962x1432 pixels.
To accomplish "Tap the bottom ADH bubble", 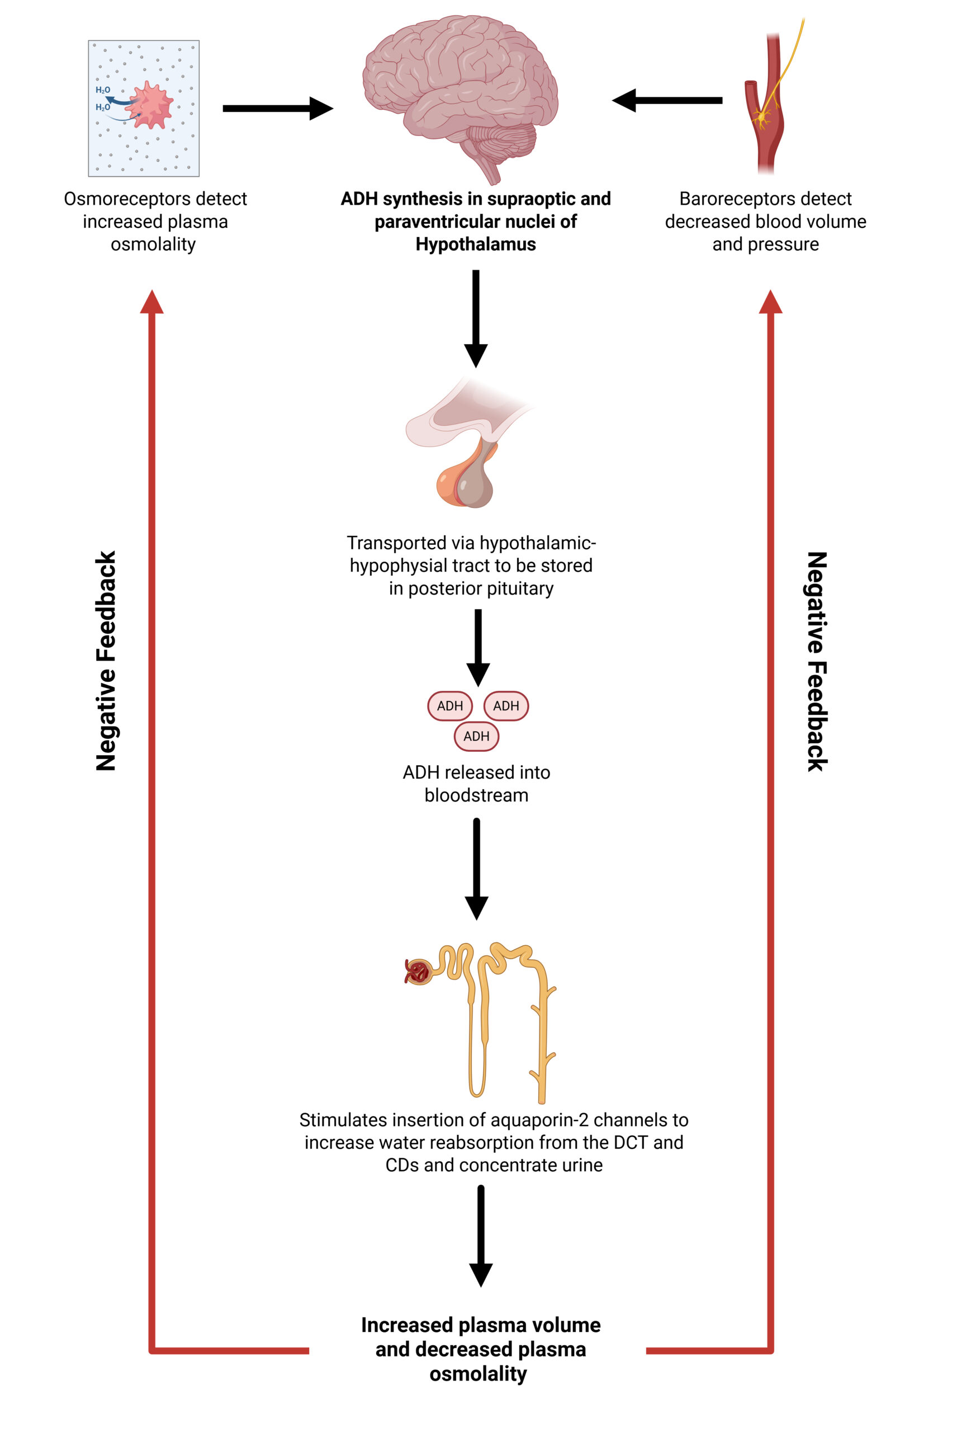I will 476,736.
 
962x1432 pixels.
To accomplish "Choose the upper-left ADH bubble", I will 450,706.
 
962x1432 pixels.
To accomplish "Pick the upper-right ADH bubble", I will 506,706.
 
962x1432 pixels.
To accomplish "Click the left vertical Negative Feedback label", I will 106,661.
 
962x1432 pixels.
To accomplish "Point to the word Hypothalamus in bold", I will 476,244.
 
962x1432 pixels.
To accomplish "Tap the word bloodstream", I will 476,795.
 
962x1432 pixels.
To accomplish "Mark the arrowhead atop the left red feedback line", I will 151,302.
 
